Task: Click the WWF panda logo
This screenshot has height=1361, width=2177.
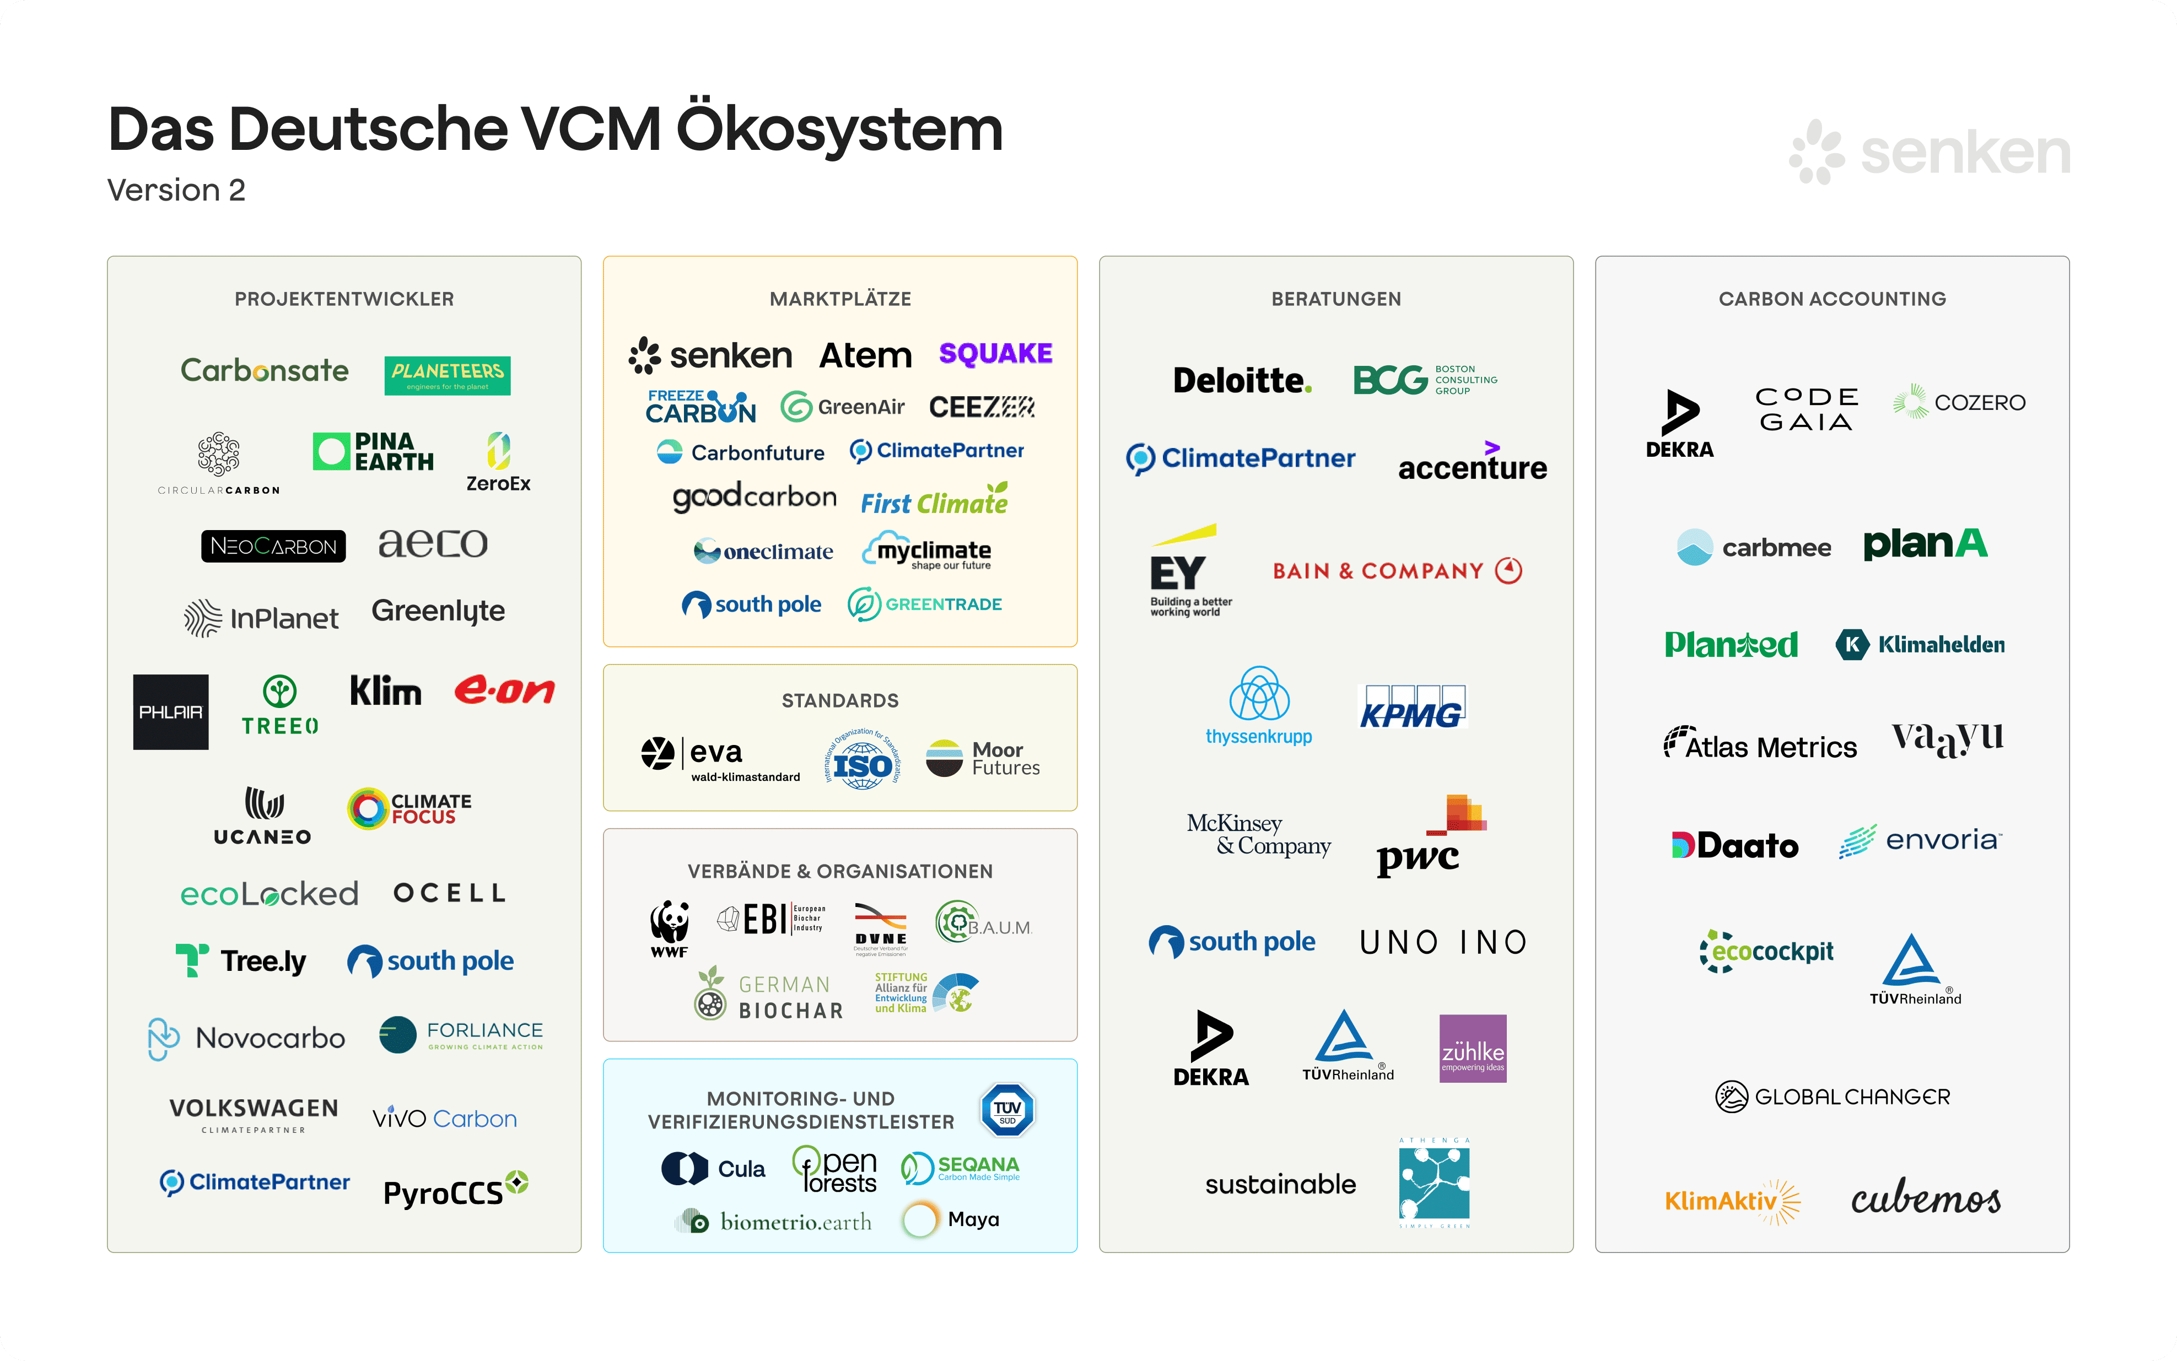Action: tap(669, 927)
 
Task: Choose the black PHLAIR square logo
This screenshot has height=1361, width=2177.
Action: tap(171, 712)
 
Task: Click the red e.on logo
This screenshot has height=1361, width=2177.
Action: tap(504, 690)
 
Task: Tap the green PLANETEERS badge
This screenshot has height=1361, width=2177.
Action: tap(448, 375)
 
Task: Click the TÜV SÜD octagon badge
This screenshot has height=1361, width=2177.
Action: tap(1007, 1110)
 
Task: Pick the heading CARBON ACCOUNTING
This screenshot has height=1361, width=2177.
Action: tap(1831, 299)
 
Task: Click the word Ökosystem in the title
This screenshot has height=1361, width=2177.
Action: tap(839, 129)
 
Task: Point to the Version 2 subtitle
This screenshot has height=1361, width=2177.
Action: tap(176, 190)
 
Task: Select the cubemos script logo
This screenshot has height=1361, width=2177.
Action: tap(1926, 1198)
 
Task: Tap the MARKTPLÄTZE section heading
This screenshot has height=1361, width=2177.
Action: tap(840, 299)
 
